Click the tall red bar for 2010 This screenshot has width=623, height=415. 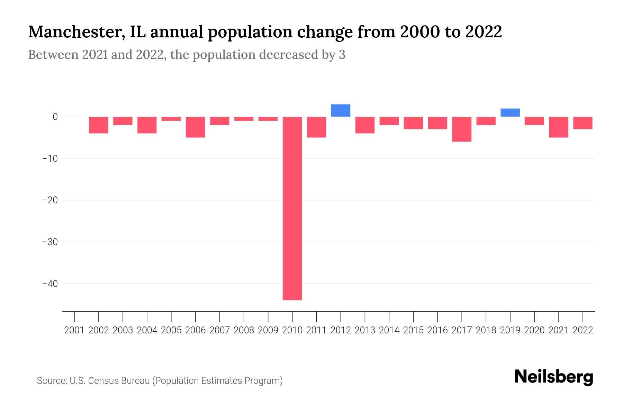pyautogui.click(x=292, y=208)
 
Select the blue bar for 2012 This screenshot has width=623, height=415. pyautogui.click(x=341, y=111)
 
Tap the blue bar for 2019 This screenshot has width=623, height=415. pyautogui.click(x=510, y=113)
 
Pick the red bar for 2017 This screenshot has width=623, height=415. pyautogui.click(x=462, y=129)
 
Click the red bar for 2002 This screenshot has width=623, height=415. pyautogui.click(x=99, y=125)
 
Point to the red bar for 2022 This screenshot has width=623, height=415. pyautogui.click(x=583, y=123)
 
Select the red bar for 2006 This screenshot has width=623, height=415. pyautogui.click(x=196, y=127)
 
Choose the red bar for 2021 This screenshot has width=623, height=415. pyautogui.click(x=558, y=127)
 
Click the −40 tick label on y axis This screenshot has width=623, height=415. pyautogui.click(x=50, y=284)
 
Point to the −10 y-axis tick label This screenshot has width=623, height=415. pyautogui.click(x=50, y=158)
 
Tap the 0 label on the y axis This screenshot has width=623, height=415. pyautogui.click(x=55, y=117)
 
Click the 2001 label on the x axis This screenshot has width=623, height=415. pyautogui.click(x=74, y=330)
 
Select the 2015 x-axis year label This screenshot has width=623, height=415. pyautogui.click(x=413, y=330)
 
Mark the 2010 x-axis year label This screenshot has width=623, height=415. pyautogui.click(x=292, y=330)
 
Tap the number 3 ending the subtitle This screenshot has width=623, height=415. pyautogui.click(x=342, y=55)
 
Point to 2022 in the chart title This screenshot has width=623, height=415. pyautogui.click(x=484, y=32)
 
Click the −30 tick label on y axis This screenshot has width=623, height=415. pyautogui.click(x=50, y=242)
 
